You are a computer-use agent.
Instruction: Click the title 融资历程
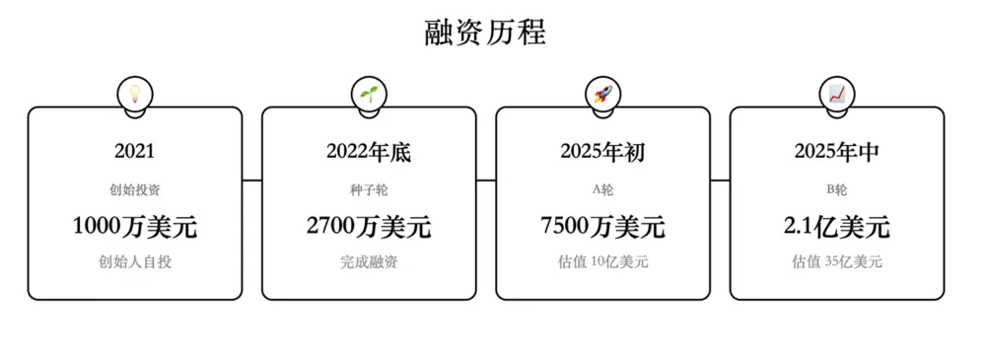pyautogui.click(x=485, y=34)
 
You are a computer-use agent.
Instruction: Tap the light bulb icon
pyautogui.click(x=134, y=94)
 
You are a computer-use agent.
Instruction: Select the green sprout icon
pyautogui.click(x=369, y=94)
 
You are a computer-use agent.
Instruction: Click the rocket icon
pyautogui.click(x=602, y=94)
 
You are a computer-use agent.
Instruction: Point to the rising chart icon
pyautogui.click(x=836, y=94)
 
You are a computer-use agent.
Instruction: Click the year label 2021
pyautogui.click(x=134, y=152)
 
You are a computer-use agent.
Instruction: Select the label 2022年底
pyautogui.click(x=369, y=152)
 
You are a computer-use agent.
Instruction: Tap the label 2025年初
pyautogui.click(x=602, y=152)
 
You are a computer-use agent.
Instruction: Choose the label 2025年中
pyautogui.click(x=836, y=152)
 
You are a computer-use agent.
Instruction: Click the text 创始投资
pyautogui.click(x=134, y=189)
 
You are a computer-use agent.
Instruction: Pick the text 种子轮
pyautogui.click(x=369, y=189)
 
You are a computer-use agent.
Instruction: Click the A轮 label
pyautogui.click(x=602, y=189)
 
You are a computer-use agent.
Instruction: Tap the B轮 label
pyautogui.click(x=836, y=189)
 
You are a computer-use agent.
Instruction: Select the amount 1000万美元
pyautogui.click(x=134, y=227)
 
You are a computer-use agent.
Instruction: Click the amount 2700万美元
pyautogui.click(x=369, y=227)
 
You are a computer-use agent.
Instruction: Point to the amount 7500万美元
pyautogui.click(x=602, y=227)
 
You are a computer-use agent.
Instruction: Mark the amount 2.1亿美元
pyautogui.click(x=836, y=227)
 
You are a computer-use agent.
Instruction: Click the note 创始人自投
pyautogui.click(x=134, y=262)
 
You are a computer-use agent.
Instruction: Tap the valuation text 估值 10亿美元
pyautogui.click(x=602, y=262)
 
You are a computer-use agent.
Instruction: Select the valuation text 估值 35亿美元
pyautogui.click(x=836, y=262)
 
